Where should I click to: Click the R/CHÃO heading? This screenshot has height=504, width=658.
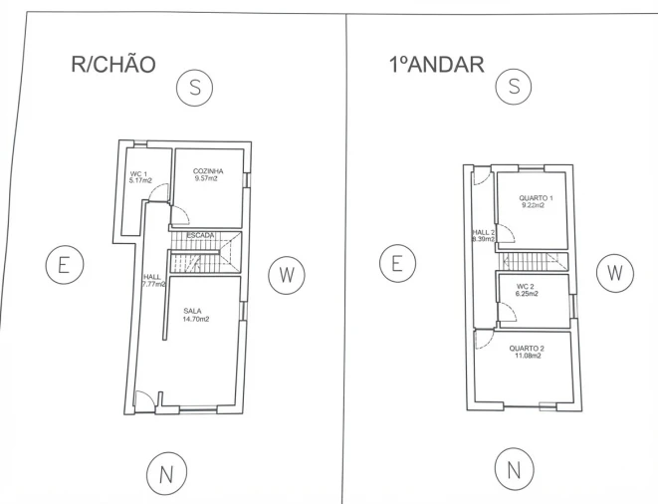113,65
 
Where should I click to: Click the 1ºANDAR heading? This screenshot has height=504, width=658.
437,65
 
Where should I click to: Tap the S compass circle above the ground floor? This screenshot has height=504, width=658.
195,88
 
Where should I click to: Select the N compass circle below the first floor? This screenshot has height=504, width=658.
514,468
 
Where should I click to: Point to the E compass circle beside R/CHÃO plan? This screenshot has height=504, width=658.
65,265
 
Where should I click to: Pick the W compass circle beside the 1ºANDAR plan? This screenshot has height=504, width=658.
615,273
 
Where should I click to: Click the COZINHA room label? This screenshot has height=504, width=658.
208,171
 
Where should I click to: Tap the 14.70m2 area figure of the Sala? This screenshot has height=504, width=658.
195,319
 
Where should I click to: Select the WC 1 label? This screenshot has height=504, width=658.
138,174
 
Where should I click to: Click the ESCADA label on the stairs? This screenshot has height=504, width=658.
201,236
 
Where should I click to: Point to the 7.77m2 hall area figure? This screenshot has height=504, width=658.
153,284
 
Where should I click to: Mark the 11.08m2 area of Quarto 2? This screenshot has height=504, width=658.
528,356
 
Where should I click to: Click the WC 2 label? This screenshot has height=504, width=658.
525,287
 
